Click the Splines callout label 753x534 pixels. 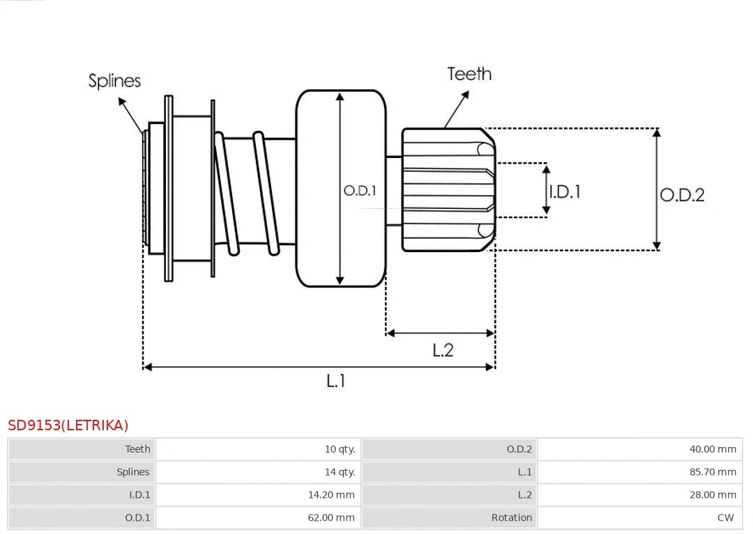tap(114, 81)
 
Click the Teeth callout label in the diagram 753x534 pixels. tap(469, 74)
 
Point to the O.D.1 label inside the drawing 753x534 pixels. tap(360, 190)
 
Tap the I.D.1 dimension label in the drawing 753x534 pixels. tap(565, 191)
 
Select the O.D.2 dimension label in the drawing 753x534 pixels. tap(682, 195)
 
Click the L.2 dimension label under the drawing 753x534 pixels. tap(443, 350)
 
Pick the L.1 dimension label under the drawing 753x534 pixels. tap(336, 381)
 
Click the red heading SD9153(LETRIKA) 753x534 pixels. tap(68, 425)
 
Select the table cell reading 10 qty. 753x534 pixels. tap(340, 449)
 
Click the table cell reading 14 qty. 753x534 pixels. tap(340, 472)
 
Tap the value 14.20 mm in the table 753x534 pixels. tap(331, 495)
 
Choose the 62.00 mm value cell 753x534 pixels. tap(331, 517)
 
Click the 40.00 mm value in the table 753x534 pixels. tap(713, 449)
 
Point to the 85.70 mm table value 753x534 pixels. tap(713, 472)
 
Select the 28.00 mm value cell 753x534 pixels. tap(713, 495)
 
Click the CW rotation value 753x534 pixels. tap(725, 517)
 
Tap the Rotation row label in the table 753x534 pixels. tap(512, 517)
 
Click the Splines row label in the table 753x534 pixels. tap(133, 472)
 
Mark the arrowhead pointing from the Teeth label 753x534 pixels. tap(447, 125)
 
